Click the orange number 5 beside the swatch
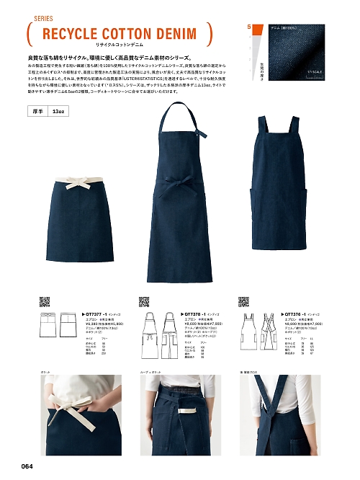(249, 27)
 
